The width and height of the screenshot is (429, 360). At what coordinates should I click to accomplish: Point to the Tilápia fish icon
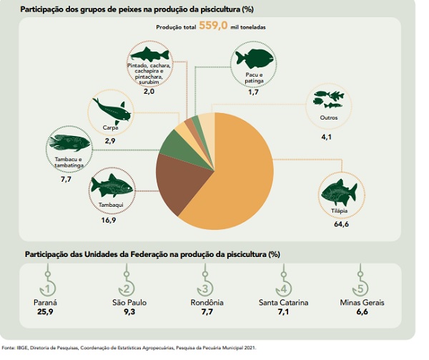[x=338, y=190]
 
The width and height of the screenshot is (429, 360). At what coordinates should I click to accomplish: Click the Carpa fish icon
[x=111, y=110]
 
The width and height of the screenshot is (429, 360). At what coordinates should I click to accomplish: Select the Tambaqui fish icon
[x=112, y=187]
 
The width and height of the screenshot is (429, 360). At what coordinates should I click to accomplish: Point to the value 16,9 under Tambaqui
[x=109, y=221]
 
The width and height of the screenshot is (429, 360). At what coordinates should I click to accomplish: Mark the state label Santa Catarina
[x=284, y=303]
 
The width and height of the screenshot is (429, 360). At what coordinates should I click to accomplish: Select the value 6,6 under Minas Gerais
[x=363, y=313]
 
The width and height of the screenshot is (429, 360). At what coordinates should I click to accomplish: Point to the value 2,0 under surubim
[x=149, y=92]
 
